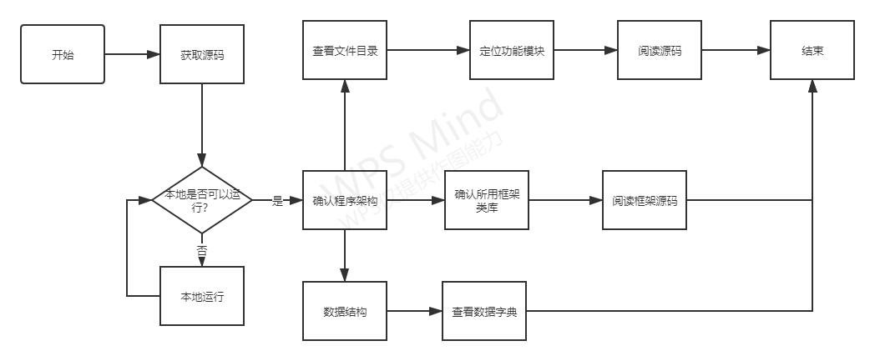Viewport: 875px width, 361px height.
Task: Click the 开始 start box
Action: click(x=63, y=54)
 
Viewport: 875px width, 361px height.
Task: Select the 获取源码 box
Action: click(x=202, y=54)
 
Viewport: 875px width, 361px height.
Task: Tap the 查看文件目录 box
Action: click(x=345, y=51)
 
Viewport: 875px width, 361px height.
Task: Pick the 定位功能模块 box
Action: click(x=513, y=51)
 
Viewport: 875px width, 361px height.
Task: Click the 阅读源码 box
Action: click(x=660, y=51)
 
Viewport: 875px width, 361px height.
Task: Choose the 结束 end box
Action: click(x=812, y=51)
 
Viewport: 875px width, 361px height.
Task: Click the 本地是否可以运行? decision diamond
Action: click(x=202, y=201)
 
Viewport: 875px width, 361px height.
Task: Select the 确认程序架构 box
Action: click(x=345, y=201)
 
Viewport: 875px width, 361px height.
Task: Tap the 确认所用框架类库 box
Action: click(x=487, y=200)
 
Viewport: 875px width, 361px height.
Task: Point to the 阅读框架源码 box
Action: click(x=645, y=200)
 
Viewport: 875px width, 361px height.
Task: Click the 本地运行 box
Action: click(x=202, y=296)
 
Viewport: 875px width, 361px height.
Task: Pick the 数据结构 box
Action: click(x=345, y=312)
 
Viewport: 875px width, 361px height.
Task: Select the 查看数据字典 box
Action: click(x=484, y=312)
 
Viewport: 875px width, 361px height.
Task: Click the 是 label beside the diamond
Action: click(x=278, y=201)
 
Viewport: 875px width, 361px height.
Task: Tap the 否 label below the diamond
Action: click(x=202, y=249)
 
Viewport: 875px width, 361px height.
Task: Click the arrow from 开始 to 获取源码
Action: click(x=132, y=54)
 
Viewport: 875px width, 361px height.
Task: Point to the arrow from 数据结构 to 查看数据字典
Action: click(x=414, y=312)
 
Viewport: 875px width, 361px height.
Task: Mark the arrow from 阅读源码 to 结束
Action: click(x=736, y=51)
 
